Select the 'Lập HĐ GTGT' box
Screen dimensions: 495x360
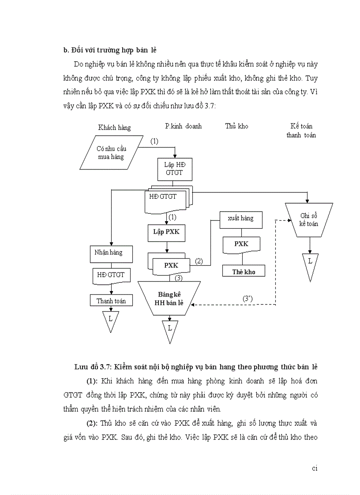pyautogui.click(x=176, y=169)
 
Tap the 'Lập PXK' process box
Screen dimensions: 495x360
pyautogui.click(x=166, y=232)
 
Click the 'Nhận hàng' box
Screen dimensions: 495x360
pyautogui.click(x=108, y=253)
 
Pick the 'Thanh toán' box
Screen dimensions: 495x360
pyautogui.click(x=111, y=301)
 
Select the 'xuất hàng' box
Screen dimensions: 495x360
pyautogui.click(x=240, y=218)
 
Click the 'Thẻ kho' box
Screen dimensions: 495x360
pyautogui.click(x=244, y=272)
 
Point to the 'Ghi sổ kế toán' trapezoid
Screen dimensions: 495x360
pyautogui.click(x=309, y=219)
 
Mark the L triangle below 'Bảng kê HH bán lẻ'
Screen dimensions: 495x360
pyautogui.click(x=170, y=329)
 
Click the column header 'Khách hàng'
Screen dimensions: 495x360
pyautogui.click(x=114, y=128)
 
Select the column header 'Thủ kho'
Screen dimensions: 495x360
pyautogui.click(x=236, y=126)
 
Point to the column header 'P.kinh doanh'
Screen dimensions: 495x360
pyautogui.click(x=183, y=126)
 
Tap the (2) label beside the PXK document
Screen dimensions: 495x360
pyautogui.click(x=199, y=261)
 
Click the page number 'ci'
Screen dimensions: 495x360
pyautogui.click(x=315, y=468)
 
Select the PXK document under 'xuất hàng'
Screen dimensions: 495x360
pyautogui.click(x=241, y=244)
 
